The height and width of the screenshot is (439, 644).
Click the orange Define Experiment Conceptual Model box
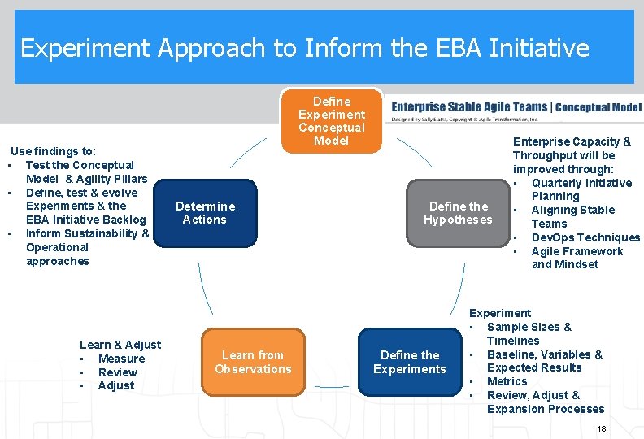tap(331, 121)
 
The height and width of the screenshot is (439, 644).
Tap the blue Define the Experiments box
tap(409, 362)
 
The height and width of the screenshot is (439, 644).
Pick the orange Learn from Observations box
tap(253, 362)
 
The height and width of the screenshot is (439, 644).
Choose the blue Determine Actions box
tap(205, 212)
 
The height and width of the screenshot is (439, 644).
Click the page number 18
tap(602, 428)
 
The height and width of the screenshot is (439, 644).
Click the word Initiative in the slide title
tap(539, 49)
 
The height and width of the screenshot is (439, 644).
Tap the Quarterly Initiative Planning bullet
tap(581, 189)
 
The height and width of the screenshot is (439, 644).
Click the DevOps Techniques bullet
tap(585, 237)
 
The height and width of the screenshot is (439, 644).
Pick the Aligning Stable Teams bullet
tap(572, 216)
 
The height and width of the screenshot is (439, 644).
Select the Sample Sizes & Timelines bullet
tap(529, 333)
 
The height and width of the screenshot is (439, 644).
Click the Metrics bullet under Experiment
tap(507, 381)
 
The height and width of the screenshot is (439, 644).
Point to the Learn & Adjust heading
tap(120, 345)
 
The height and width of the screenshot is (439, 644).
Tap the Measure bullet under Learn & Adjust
tap(121, 359)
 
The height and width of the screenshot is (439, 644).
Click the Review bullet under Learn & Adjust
tap(117, 372)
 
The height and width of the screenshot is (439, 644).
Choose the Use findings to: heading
tap(53, 151)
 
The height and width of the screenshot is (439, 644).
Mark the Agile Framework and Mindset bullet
tap(577, 258)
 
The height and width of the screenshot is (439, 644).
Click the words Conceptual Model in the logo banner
tap(598, 107)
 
